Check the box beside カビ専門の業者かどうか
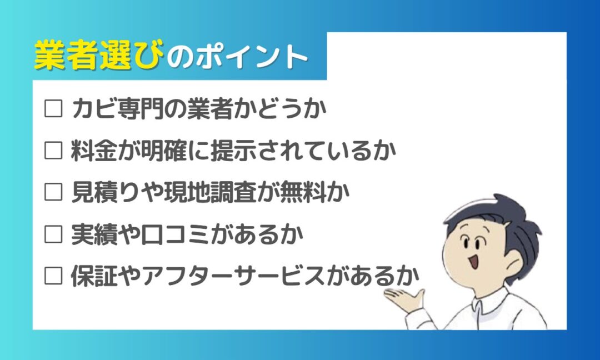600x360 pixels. coord(53,108)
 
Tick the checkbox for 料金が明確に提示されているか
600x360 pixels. coord(53,151)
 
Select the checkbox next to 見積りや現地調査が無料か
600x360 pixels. coord(53,192)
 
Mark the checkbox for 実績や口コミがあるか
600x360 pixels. coord(53,234)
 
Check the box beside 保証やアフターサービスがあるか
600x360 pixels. coord(53,276)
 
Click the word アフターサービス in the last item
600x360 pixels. coord(234,276)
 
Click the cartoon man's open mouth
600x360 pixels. coord(473,262)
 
